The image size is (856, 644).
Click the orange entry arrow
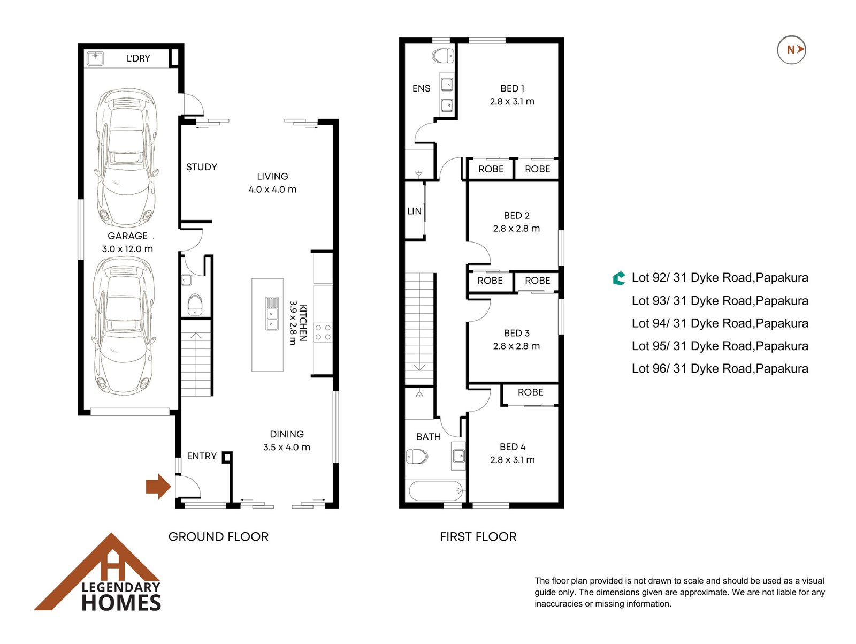coord(158,487)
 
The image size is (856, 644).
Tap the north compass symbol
coord(791,50)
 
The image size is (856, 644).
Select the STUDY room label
coord(202,167)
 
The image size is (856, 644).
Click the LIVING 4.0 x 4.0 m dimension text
coord(273,189)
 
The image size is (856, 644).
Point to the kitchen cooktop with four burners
coord(323,332)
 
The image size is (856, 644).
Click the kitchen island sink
coord(272,313)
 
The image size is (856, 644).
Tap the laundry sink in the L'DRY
coord(95,57)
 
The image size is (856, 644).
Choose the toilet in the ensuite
coord(443,56)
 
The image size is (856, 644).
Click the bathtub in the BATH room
coord(435,491)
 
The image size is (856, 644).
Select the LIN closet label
coord(414,211)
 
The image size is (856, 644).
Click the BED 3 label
coord(517,333)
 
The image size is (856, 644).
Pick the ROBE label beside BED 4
coord(530,392)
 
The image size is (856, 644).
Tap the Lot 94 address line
coord(720,323)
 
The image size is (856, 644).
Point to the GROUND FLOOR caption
coord(218,537)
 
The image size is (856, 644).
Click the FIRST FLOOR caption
coord(478,537)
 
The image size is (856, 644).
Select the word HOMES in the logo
coord(121,603)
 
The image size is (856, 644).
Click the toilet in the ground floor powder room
coord(195,305)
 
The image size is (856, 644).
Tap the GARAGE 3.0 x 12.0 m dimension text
coord(127,249)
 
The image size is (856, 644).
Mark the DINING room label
coord(287,434)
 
